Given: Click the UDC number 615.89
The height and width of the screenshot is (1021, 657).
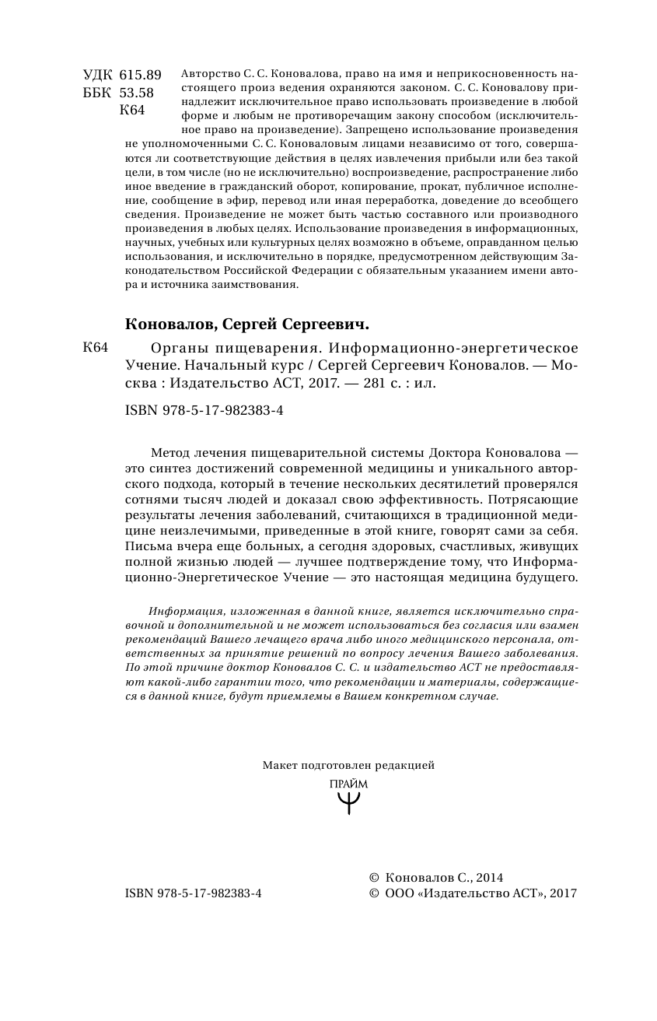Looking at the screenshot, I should (x=141, y=75).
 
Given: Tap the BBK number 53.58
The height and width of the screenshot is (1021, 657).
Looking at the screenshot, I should (x=137, y=93).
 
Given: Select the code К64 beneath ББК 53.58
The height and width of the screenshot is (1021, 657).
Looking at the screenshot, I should (x=132, y=111).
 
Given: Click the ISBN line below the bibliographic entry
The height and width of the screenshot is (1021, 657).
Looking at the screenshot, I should (x=204, y=411).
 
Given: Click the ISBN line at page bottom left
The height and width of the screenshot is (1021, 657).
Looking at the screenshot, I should (x=193, y=894).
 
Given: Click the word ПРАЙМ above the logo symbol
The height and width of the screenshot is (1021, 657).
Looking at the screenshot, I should (x=348, y=784).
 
